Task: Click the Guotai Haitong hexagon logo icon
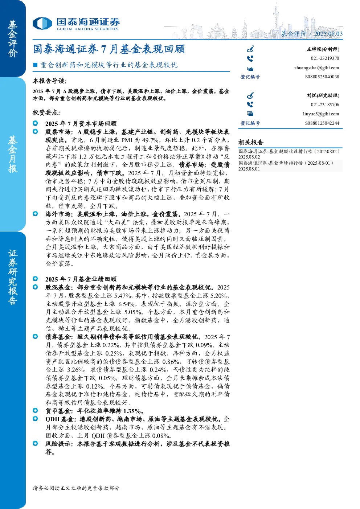[42, 24]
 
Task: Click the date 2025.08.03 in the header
[328, 34]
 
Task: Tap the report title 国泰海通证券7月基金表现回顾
[109, 49]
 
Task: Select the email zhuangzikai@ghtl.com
[316, 68]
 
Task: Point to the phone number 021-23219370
[325, 58]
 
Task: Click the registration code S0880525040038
[322, 77]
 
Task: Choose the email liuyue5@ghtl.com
[321, 114]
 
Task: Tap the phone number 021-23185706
[325, 104]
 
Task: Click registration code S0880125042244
[322, 123]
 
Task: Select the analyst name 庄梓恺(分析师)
[323, 49]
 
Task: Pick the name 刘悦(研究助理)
[323, 95]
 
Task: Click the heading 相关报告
[251, 143]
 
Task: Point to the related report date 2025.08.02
[249, 157]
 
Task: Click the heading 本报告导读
[50, 81]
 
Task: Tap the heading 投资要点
[46, 112]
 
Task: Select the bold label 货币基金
[58, 411]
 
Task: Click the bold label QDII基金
[59, 419]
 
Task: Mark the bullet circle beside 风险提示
[36, 443]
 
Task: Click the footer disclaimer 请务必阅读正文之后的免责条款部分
[76, 488]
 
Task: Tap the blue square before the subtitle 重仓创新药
[35, 65]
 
